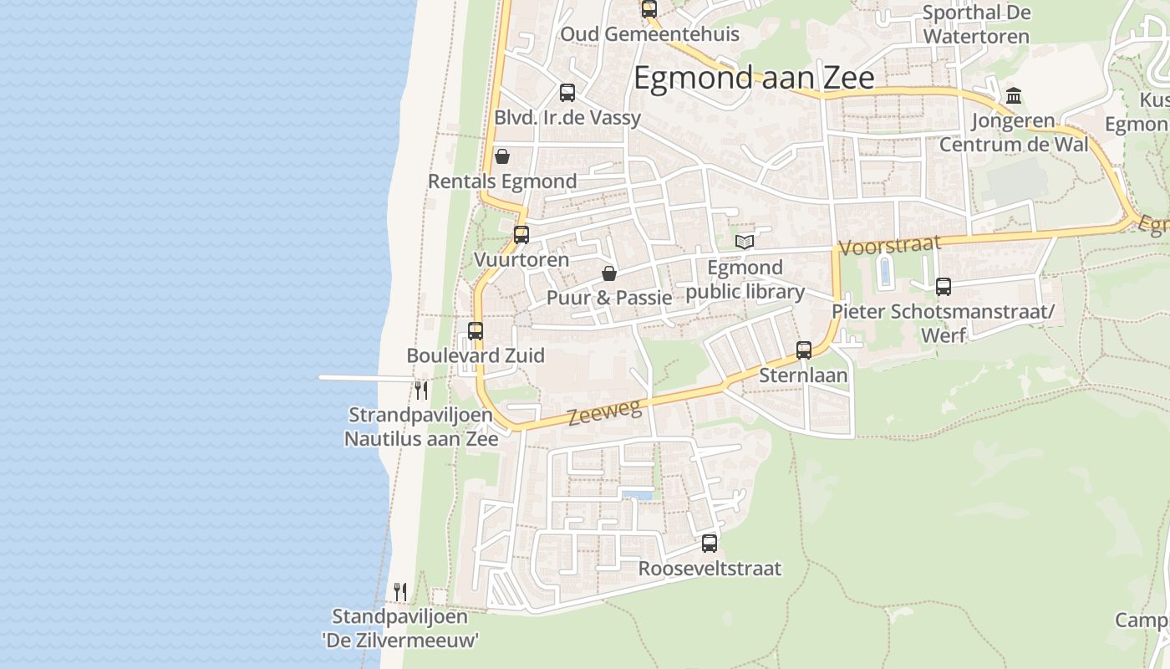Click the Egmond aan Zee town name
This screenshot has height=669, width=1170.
[x=754, y=78]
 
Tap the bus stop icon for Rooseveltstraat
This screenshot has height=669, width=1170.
[x=710, y=544]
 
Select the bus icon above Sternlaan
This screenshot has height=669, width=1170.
[x=804, y=350]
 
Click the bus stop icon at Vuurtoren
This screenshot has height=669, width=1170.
[x=521, y=235]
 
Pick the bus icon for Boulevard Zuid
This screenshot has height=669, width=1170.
[x=476, y=331]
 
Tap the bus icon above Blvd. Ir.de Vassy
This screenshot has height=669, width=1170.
[x=567, y=93]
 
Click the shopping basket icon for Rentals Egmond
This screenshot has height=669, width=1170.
[x=502, y=156]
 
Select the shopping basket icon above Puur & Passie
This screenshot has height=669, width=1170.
[x=609, y=273]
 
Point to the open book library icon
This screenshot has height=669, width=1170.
[x=744, y=243]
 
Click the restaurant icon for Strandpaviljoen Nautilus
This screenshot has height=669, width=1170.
[x=421, y=390]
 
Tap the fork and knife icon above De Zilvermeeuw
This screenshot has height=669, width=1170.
[x=400, y=592]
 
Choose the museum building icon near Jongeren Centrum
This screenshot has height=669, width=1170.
[x=1014, y=96]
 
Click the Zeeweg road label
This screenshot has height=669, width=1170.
[x=605, y=412]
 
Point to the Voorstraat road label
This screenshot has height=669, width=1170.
[x=890, y=245]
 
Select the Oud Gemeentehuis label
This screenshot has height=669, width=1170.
[x=649, y=34]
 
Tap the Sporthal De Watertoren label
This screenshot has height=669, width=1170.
[x=976, y=25]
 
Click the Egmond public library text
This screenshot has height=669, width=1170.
[x=745, y=280]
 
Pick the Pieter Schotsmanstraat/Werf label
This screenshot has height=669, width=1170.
[x=943, y=323]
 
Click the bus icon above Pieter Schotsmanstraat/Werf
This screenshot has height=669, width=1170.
[x=944, y=287]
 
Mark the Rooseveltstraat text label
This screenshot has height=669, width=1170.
[x=710, y=569]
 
